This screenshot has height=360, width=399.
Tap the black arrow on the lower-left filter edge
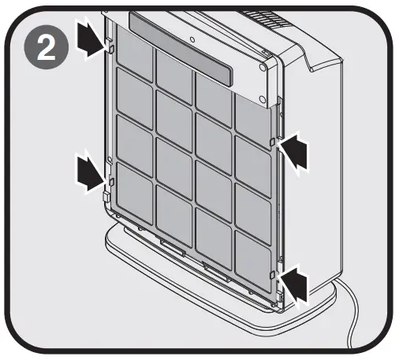click(x=90, y=171)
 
